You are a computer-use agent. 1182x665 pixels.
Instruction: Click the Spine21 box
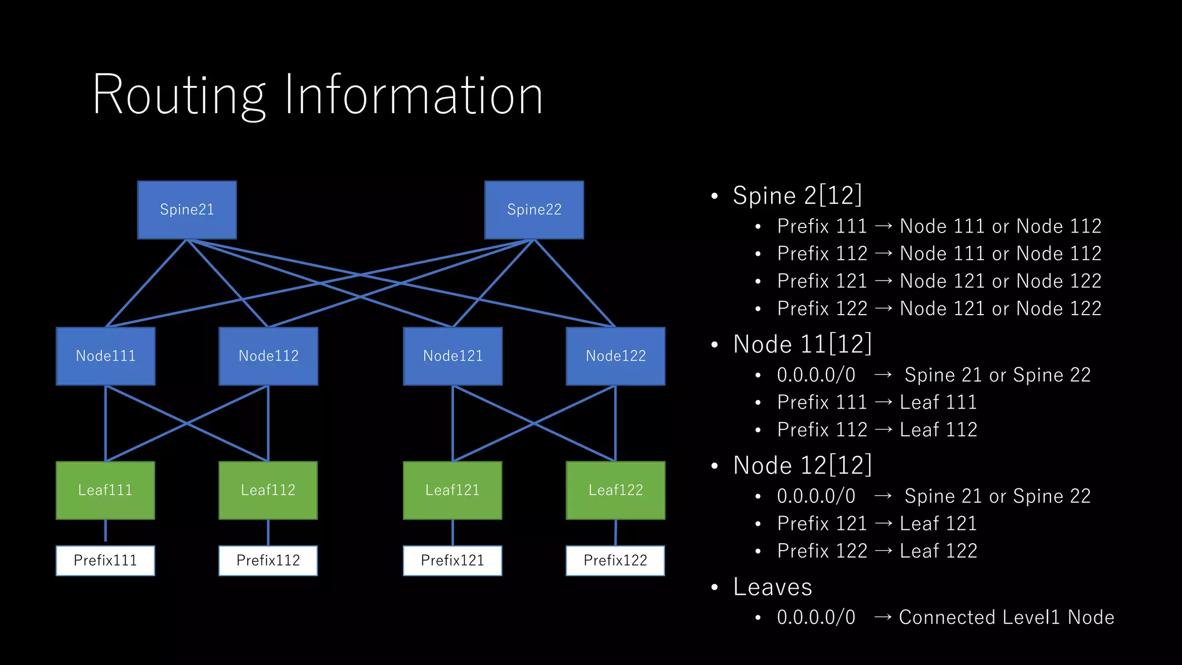point(187,210)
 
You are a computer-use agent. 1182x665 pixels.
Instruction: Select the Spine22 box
point(534,210)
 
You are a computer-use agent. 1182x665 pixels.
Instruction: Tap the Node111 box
point(106,356)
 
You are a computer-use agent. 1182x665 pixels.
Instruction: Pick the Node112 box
point(268,356)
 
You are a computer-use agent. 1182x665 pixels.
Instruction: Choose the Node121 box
point(452,356)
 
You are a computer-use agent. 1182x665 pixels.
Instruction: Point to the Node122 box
point(615,356)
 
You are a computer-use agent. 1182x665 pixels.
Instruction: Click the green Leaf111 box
point(106,490)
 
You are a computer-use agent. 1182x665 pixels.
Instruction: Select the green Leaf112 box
point(268,490)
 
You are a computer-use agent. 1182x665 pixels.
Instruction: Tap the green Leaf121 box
point(452,490)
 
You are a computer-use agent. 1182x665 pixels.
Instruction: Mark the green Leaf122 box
point(615,490)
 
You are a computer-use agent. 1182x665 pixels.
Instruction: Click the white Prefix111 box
point(106,561)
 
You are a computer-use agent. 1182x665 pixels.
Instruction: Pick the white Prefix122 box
point(615,561)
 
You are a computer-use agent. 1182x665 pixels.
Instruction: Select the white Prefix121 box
point(452,561)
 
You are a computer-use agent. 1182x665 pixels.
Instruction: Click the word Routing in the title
point(179,95)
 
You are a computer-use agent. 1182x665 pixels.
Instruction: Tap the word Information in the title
point(413,95)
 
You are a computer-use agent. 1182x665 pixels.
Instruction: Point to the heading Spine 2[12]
point(797,196)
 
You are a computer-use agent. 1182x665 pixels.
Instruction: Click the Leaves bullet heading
point(772,587)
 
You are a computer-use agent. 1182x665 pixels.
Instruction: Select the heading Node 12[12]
point(802,465)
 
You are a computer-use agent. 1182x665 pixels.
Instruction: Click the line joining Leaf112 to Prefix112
point(268,532)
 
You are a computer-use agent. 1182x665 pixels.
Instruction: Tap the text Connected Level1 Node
point(1007,617)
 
